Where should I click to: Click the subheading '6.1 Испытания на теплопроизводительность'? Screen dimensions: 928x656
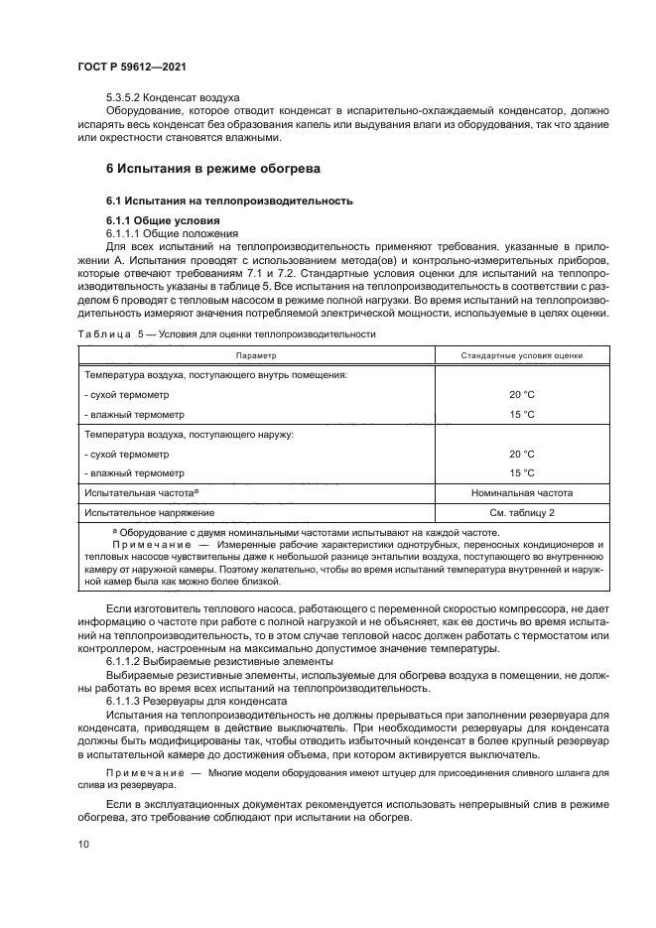tap(229, 199)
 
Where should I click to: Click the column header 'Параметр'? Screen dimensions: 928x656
tap(255, 354)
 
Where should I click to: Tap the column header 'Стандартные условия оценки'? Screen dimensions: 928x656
tap(522, 354)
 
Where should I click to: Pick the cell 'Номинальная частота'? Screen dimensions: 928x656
tap(522, 492)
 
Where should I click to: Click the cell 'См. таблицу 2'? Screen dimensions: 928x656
tap(522, 512)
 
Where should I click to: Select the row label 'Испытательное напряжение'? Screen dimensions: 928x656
tap(150, 512)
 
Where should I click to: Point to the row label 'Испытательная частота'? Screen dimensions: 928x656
tap(142, 492)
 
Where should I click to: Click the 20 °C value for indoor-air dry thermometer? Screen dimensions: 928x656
tap(522, 394)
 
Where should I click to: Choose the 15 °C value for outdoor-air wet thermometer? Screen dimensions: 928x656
tap(522, 472)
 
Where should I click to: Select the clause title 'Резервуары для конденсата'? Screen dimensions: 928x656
tap(216, 700)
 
